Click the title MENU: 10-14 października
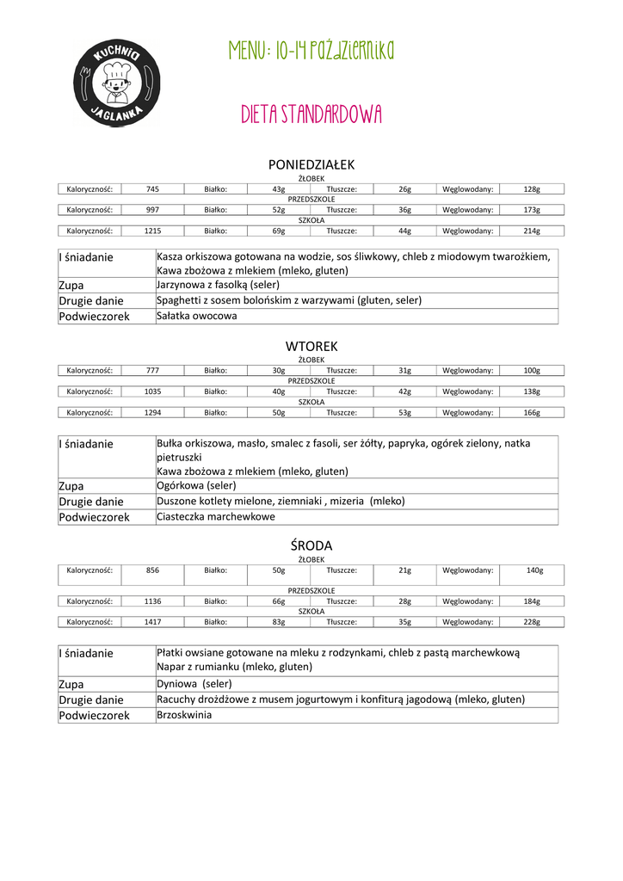tap(311, 52)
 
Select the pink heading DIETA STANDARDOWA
tap(311, 115)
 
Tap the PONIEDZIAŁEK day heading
tap(311, 164)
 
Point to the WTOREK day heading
tap(311, 346)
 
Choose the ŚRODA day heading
tap(311, 545)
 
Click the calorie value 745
tap(152, 189)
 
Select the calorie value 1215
tap(152, 231)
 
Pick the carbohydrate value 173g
tap(532, 210)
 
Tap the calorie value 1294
tap(152, 412)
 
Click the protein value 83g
tap(279, 622)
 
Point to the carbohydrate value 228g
tap(532, 622)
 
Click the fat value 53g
tap(404, 412)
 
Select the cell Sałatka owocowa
tap(196, 316)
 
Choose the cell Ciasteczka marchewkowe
tap(216, 517)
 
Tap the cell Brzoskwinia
tap(183, 715)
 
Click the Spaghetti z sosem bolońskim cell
tap(289, 300)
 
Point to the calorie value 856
tap(152, 570)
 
